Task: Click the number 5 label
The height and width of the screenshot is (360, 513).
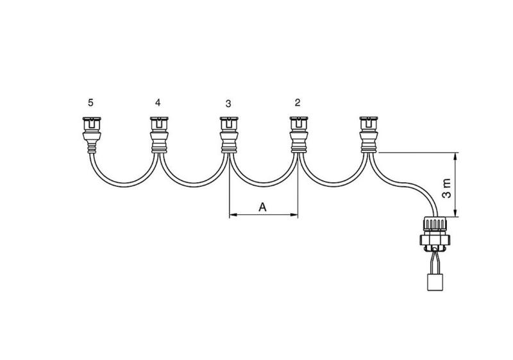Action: (90, 103)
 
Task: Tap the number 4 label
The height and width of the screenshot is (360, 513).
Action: (158, 103)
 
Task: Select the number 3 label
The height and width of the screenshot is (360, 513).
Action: (228, 104)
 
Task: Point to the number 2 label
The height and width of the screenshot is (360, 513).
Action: (298, 103)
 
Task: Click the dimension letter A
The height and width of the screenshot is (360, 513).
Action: (263, 207)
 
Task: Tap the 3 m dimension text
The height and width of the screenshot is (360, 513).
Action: (446, 188)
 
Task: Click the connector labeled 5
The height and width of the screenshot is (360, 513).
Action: (92, 135)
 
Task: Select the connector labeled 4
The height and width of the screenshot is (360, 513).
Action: (159, 135)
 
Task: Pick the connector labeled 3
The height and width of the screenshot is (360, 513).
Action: (229, 135)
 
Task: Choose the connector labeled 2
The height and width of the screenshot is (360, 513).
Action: (299, 135)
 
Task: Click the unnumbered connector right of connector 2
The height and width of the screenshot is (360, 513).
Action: (368, 135)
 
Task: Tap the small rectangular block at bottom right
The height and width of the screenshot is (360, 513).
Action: (435, 282)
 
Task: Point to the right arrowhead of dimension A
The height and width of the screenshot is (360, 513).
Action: (294, 215)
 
